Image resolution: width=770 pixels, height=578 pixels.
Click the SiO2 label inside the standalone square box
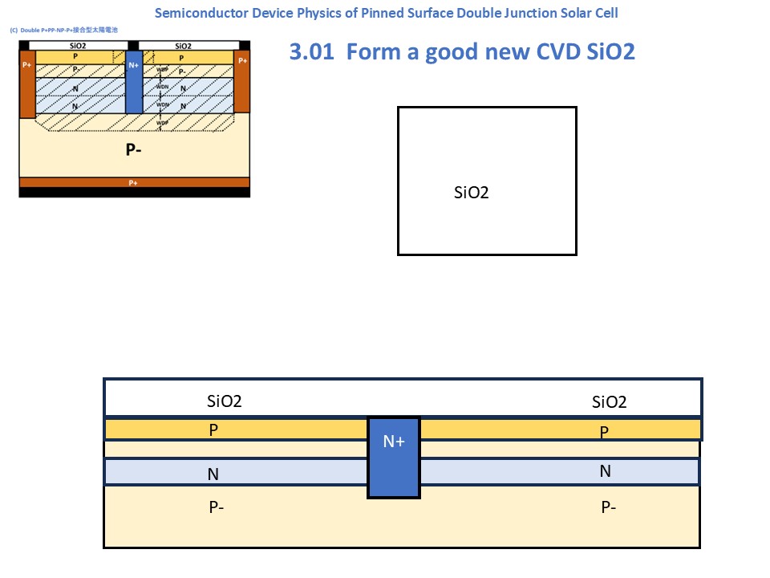[x=472, y=193]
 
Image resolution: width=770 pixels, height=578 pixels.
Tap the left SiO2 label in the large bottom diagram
[x=225, y=402]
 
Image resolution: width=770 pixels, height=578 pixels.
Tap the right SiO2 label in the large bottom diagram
[x=609, y=402]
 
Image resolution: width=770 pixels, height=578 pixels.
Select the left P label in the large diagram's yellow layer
[x=213, y=430]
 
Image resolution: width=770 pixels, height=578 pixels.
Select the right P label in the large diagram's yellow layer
[x=605, y=433]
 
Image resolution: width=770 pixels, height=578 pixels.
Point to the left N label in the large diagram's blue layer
[x=213, y=474]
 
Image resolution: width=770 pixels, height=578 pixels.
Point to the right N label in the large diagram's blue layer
[x=606, y=471]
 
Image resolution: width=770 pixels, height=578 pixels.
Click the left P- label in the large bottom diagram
[x=216, y=507]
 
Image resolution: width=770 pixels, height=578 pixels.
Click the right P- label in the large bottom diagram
[x=610, y=507]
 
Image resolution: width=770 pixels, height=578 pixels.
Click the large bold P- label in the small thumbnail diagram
[x=133, y=150]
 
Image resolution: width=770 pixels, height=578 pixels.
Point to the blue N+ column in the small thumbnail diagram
[x=134, y=76]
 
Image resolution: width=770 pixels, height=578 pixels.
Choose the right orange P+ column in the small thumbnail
[x=242, y=80]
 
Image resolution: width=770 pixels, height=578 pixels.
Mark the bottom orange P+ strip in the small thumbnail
[x=133, y=183]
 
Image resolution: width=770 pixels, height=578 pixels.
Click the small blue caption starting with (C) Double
[x=64, y=29]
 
